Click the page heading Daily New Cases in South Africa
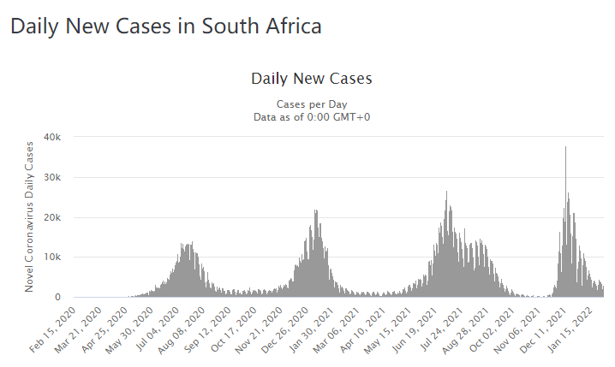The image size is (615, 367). pyautogui.click(x=166, y=27)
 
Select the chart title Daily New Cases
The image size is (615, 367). pyautogui.click(x=312, y=79)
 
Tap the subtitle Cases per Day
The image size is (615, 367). pyautogui.click(x=312, y=104)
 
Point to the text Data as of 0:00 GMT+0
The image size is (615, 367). pyautogui.click(x=312, y=116)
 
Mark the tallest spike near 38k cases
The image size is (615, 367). pyautogui.click(x=565, y=148)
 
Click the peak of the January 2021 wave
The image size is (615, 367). pyautogui.click(x=316, y=211)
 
